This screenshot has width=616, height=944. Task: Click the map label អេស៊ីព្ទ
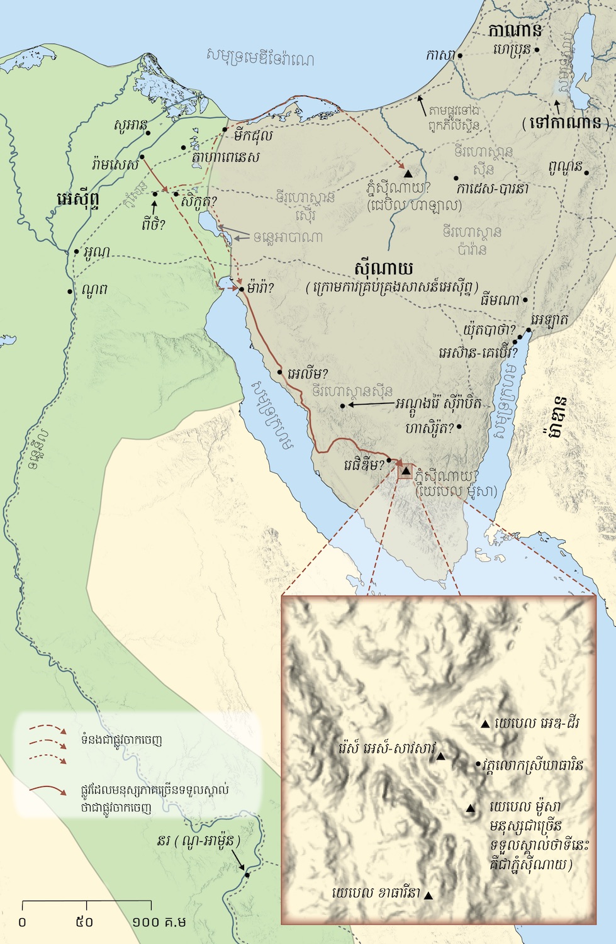[x=78, y=200]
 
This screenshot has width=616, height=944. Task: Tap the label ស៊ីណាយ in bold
[x=383, y=269]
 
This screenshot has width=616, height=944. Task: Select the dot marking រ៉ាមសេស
[x=142, y=157]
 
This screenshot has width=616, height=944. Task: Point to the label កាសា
[x=440, y=55]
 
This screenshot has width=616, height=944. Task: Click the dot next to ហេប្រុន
[x=537, y=48]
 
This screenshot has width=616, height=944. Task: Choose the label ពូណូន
[x=564, y=167]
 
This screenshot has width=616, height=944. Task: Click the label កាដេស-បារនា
[x=492, y=188]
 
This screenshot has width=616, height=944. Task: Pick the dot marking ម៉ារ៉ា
[x=242, y=289]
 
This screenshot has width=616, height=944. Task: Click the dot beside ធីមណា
[x=525, y=300]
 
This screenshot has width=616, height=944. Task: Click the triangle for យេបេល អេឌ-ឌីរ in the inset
[x=484, y=724]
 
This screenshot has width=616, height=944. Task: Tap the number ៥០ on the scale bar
[x=84, y=922]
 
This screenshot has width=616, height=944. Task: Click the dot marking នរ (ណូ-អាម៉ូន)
[x=247, y=875]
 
